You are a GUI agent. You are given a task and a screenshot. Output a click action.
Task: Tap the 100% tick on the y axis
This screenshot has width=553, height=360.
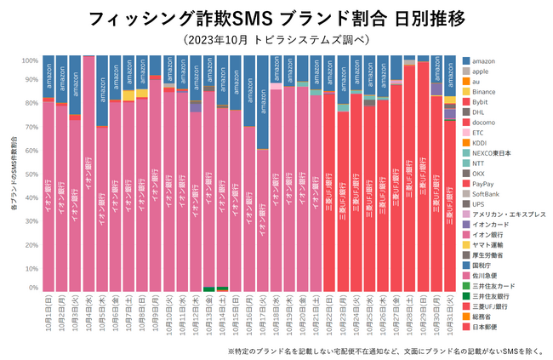(28, 60)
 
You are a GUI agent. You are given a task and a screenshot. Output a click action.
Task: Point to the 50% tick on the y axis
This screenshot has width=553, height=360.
(30, 174)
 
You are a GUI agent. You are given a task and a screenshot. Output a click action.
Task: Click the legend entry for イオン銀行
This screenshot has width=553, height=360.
(488, 233)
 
